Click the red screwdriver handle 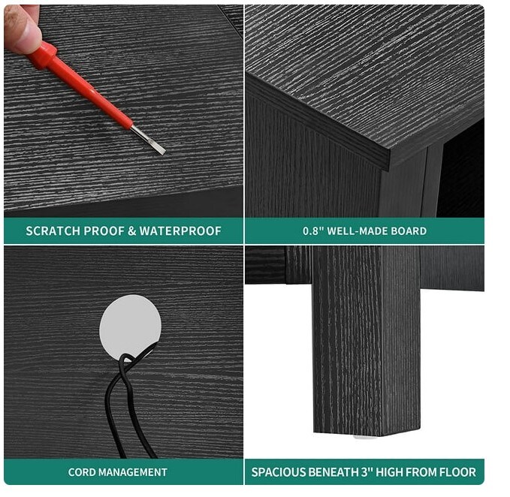[79, 84]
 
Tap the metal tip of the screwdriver [149, 140]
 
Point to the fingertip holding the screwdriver [22, 29]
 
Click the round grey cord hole [130, 327]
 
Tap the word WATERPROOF [180, 231]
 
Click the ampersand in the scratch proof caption [131, 231]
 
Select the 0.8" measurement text [312, 231]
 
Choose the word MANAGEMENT [133, 472]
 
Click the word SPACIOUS [279, 472]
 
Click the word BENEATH [333, 472]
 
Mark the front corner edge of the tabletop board [389, 160]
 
